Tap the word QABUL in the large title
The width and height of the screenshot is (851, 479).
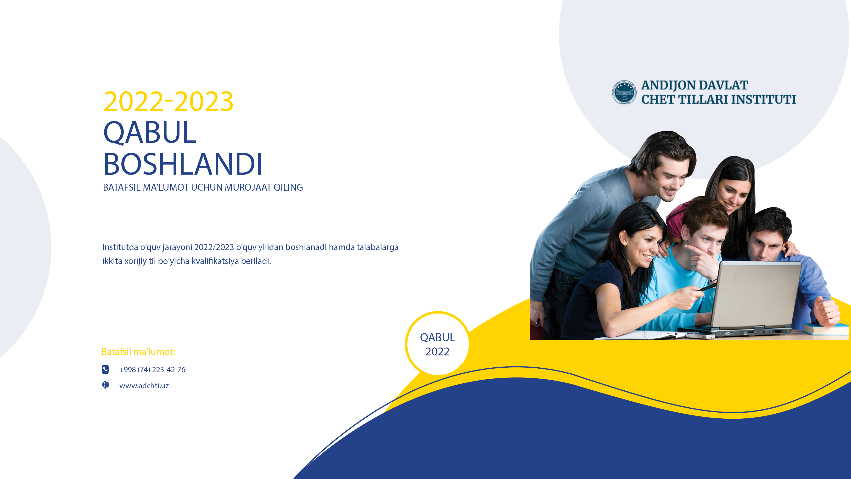[x=150, y=132]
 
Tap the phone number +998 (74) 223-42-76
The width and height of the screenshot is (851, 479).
[x=152, y=370]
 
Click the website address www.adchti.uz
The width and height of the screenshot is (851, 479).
[x=144, y=386]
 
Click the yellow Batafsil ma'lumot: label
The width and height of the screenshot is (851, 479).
[x=138, y=352]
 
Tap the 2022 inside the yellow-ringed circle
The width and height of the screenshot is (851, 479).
[x=437, y=351]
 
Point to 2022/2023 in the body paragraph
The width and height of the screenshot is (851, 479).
[x=214, y=247]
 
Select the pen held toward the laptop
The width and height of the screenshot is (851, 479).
[x=707, y=287]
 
